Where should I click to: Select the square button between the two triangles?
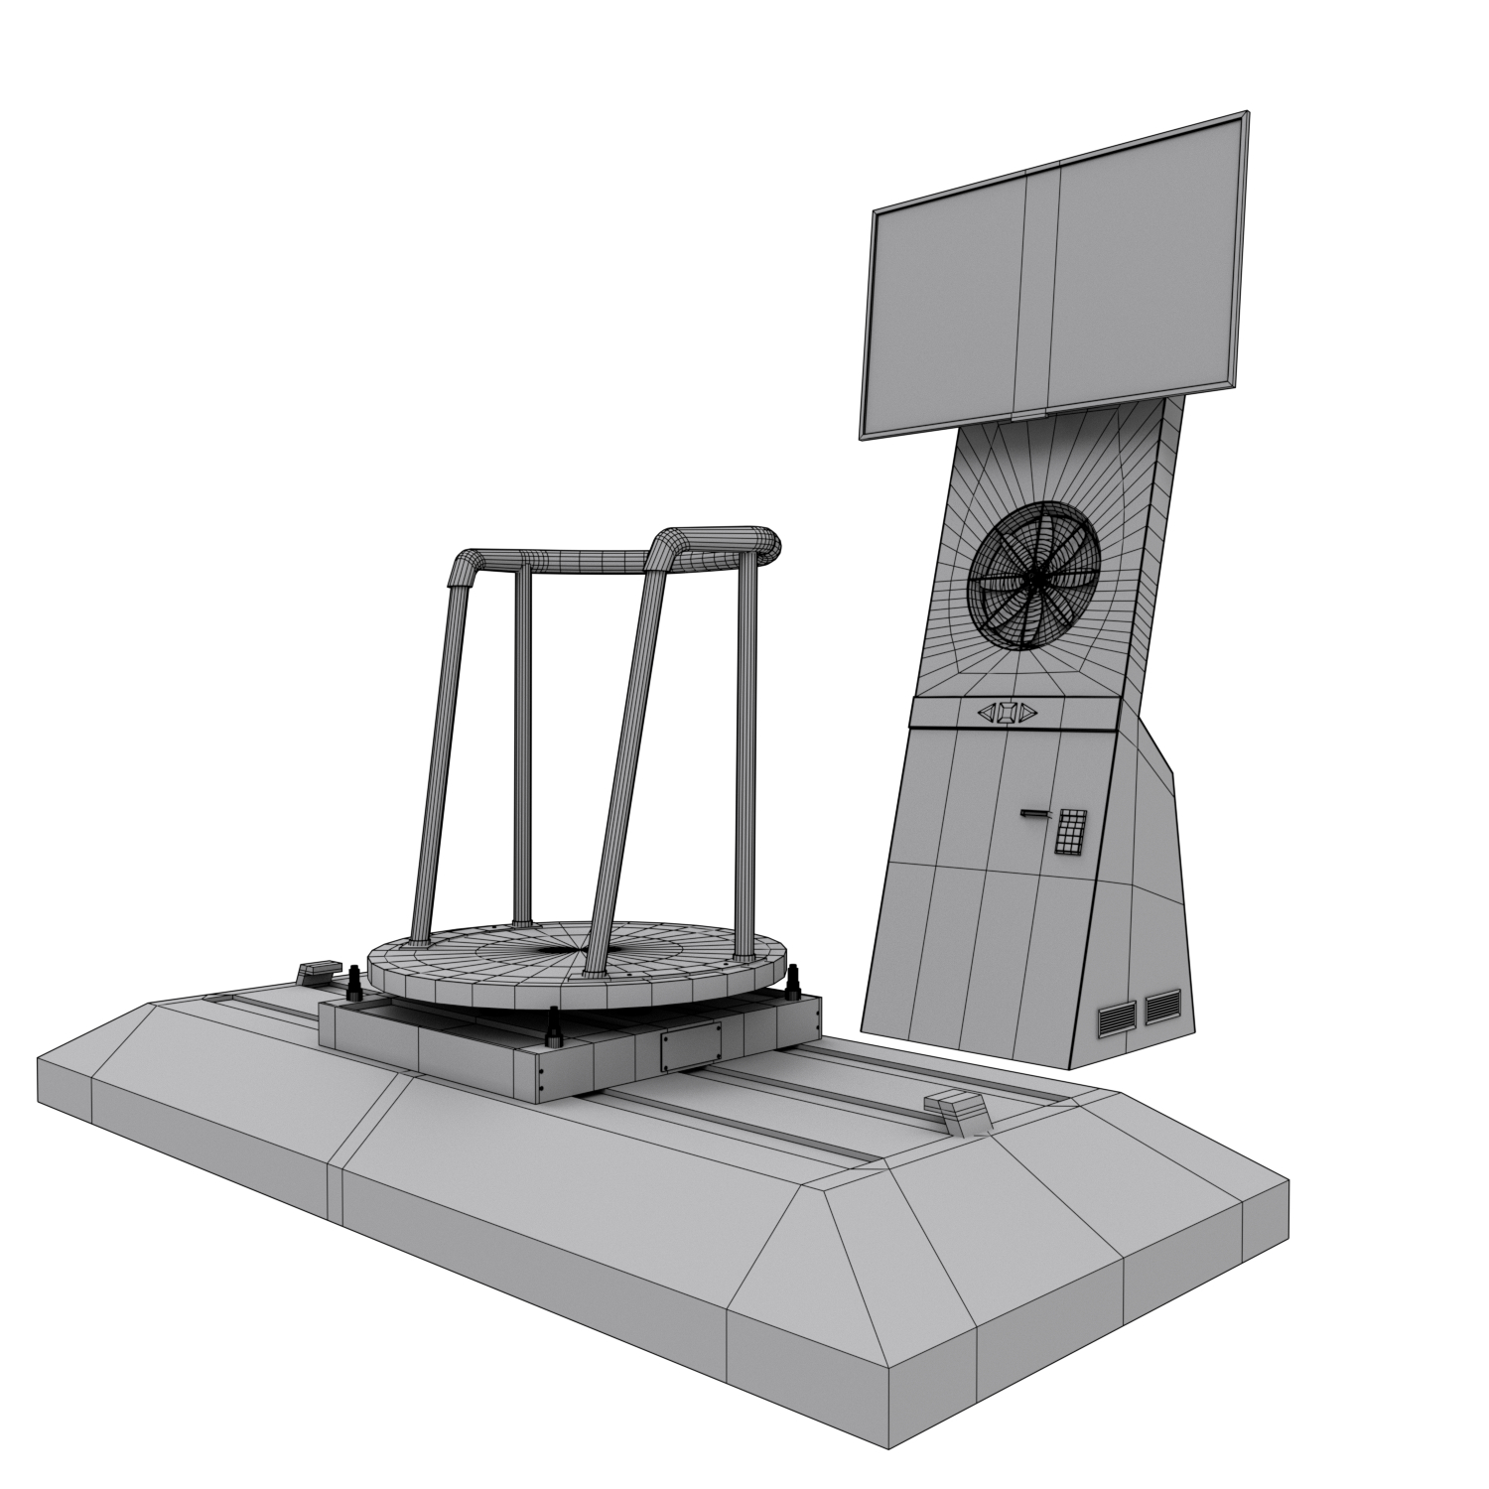point(1007,712)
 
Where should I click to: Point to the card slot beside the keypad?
point(1034,814)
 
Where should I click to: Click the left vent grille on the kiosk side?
point(1117,1018)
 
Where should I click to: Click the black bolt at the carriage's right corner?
point(793,986)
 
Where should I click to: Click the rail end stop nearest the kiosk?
point(957,1109)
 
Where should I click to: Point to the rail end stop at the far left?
point(318,971)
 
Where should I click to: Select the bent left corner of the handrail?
point(466,567)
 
